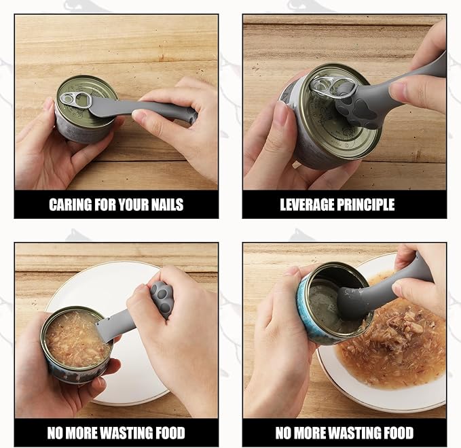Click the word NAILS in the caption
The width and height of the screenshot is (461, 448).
tap(166, 205)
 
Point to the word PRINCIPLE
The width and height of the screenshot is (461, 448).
tap(370, 205)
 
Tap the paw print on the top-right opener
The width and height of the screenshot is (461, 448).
tap(354, 109)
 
